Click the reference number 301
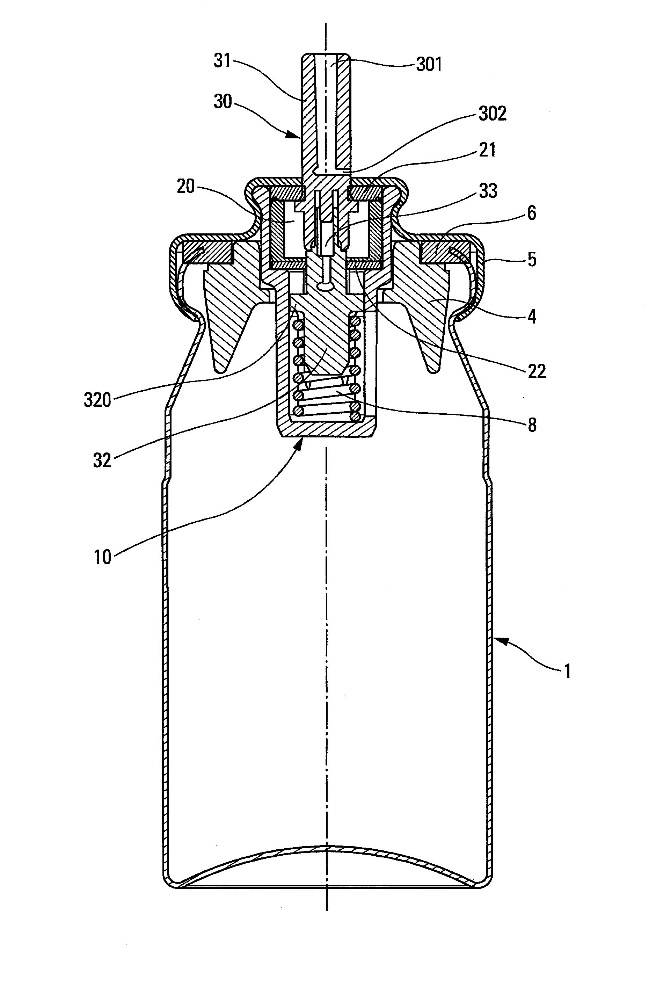tap(429, 65)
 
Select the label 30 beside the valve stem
tap(223, 101)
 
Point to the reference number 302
tap(493, 114)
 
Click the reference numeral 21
tap(487, 150)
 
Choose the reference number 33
tap(488, 191)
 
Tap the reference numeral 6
tap(531, 213)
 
